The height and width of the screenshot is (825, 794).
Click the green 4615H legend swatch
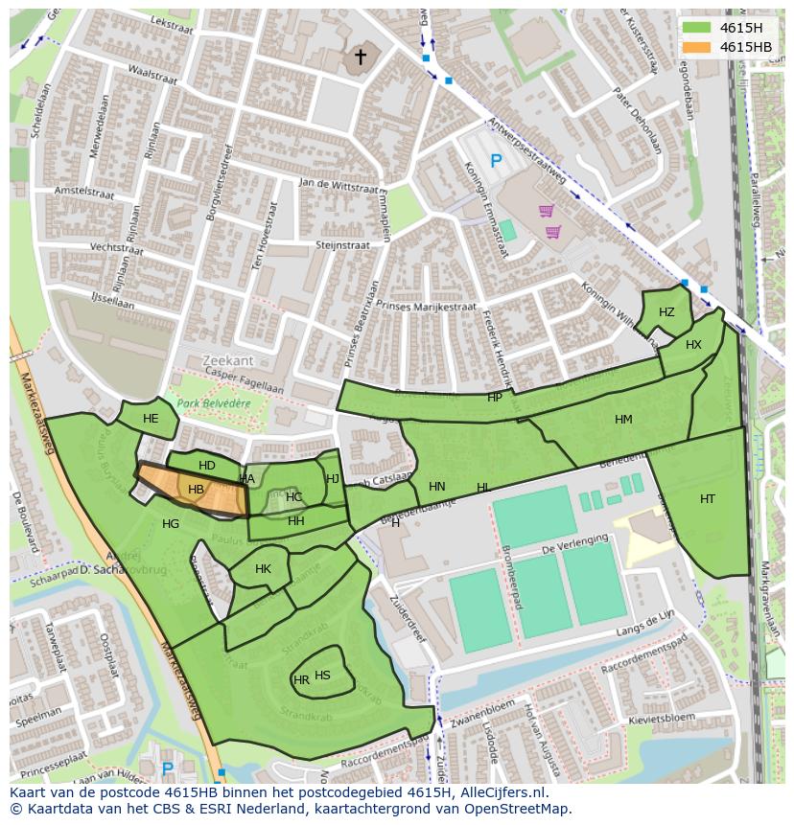pos(697,27)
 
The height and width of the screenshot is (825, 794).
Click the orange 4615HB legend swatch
pos(697,47)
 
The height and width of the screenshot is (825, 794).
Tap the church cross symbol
pos(361,57)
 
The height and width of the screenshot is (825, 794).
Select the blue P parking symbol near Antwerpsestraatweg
pos(496,162)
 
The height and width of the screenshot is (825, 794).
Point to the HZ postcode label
pos(666,312)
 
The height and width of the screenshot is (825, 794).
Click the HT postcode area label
pos(708,498)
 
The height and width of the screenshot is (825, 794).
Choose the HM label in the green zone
pos(623,420)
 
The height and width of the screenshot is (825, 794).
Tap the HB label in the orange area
pos(196,490)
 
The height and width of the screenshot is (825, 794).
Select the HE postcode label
pos(151,419)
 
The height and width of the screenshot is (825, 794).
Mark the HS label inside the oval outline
pos(323,676)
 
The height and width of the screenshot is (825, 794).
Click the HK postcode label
pos(263,569)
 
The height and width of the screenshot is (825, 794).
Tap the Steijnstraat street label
pos(342,245)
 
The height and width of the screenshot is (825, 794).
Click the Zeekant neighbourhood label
pos(228,360)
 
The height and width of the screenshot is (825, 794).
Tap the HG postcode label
pos(171,524)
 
